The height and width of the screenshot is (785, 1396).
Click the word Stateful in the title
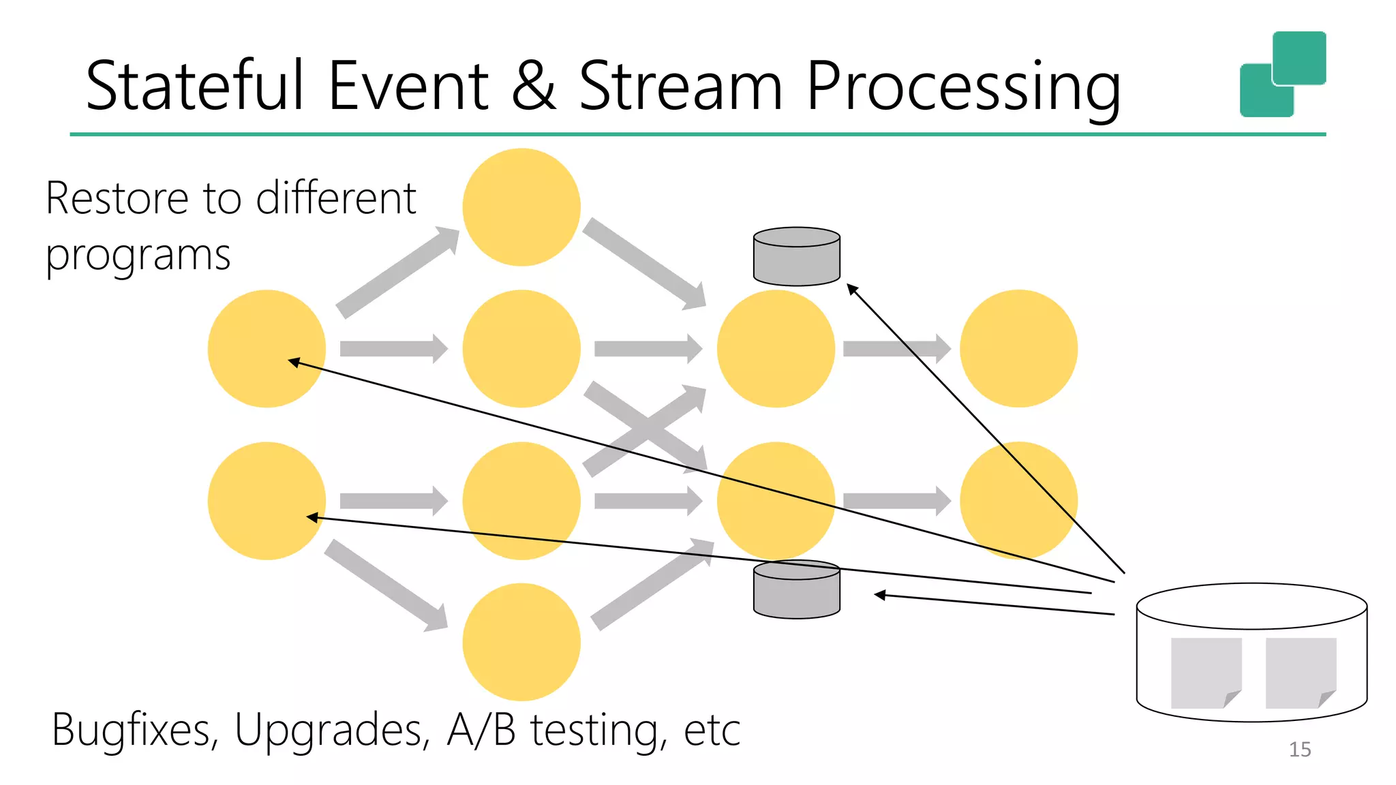194,86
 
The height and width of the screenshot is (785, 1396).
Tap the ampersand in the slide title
533,86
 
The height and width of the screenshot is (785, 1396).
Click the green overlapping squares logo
1282,74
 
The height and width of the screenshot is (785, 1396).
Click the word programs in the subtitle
138,256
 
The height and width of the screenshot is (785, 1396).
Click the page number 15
1299,750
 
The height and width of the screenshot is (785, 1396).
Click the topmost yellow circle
521,207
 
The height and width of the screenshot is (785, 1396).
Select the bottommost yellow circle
521,642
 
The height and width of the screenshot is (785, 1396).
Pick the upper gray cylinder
796,257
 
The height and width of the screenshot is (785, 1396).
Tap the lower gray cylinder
796,590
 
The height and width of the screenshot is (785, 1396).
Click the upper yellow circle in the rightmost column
1018,349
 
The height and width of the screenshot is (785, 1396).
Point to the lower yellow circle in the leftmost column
267,501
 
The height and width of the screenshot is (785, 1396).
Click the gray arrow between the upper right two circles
896,349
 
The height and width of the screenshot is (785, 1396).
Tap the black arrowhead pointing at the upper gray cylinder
852,289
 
